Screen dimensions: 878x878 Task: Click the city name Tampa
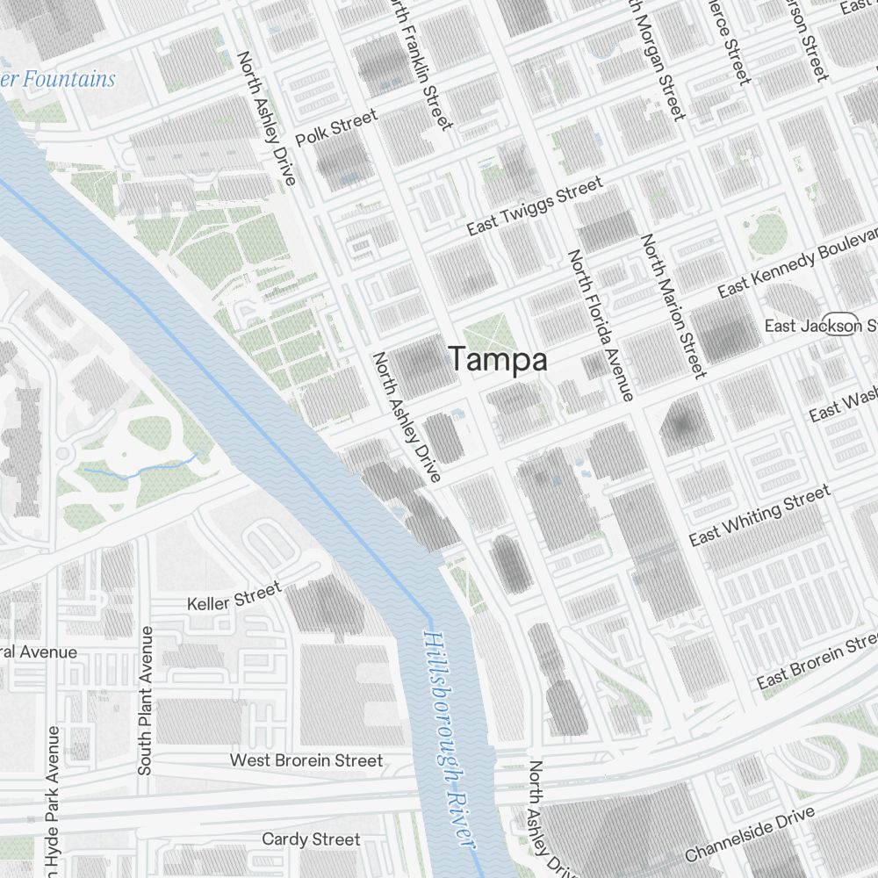click(x=498, y=359)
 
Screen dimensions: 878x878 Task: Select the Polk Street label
click(x=336, y=128)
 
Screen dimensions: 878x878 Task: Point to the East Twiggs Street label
click(x=535, y=205)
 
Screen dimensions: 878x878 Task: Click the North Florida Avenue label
click(x=601, y=325)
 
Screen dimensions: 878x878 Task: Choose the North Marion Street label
click(x=673, y=306)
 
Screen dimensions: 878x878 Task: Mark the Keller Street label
click(x=234, y=596)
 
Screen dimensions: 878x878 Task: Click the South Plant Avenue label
click(x=146, y=701)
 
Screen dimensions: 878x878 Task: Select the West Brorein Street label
click(x=306, y=759)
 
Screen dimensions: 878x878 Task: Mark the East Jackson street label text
click(x=793, y=326)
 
